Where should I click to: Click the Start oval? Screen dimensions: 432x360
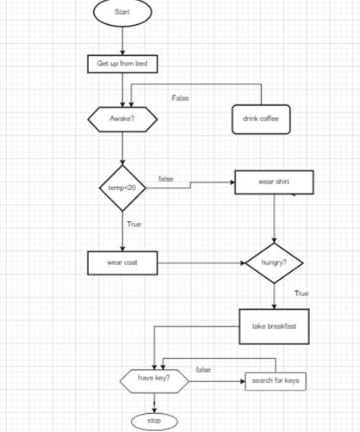tap(122, 12)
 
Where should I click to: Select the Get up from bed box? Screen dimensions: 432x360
tap(122, 64)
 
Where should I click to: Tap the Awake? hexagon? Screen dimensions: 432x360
tap(122, 119)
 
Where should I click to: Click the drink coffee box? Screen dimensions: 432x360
tap(261, 119)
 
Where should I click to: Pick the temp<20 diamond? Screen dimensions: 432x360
tap(123, 188)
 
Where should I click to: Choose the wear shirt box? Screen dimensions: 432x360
tap(274, 182)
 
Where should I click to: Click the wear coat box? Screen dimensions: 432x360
tap(122, 262)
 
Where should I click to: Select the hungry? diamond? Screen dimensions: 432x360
tap(274, 262)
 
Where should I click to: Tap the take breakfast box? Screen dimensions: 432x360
tap(274, 325)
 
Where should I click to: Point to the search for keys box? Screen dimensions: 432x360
tap(275, 380)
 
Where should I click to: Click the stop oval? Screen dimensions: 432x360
tap(154, 422)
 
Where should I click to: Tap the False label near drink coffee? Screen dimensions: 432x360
tap(180, 98)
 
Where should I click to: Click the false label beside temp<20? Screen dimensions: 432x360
tap(165, 178)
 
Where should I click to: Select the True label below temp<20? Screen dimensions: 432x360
tap(134, 224)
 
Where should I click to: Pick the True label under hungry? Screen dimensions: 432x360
tap(301, 293)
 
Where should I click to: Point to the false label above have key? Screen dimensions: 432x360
tap(203, 369)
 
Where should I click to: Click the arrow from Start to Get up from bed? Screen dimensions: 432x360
tap(122, 40)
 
